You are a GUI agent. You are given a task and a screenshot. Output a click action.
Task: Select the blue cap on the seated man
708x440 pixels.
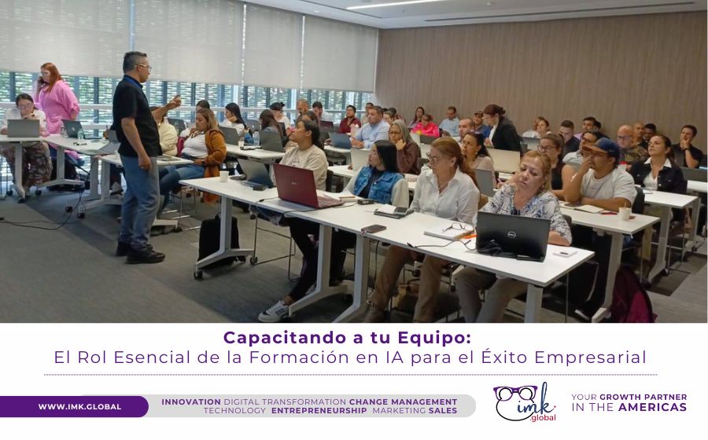[603, 146]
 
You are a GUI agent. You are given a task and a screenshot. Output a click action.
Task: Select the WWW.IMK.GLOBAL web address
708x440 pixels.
[79, 406]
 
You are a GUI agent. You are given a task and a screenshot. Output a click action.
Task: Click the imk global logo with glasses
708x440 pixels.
[525, 402]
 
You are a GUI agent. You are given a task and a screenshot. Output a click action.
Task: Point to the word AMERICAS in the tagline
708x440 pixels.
[652, 408]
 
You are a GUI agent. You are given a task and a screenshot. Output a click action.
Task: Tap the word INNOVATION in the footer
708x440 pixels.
[191, 401]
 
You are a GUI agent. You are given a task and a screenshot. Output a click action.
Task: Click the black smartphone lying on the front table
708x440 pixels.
[374, 229]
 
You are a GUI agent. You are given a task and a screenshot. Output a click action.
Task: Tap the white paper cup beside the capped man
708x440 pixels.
[624, 213]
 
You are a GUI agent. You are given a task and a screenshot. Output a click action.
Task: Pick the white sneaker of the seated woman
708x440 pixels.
[274, 311]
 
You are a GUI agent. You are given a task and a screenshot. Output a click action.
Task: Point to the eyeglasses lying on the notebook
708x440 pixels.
[457, 227]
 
